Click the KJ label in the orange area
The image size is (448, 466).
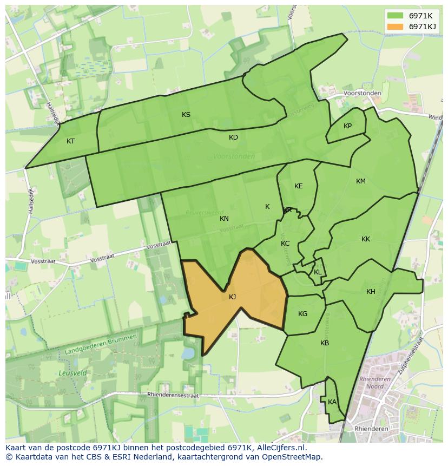232,297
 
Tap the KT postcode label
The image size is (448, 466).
70,141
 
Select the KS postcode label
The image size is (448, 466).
186,114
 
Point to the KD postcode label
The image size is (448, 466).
233,137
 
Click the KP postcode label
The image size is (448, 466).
347,126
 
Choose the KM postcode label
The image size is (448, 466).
361,181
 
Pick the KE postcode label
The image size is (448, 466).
298,186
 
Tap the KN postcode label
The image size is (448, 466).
224,219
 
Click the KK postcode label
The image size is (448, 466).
366,239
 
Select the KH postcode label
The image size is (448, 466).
371,292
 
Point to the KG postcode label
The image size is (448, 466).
302,314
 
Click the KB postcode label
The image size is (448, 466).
325,343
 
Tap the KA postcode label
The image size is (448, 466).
332,402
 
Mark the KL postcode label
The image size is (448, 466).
318,272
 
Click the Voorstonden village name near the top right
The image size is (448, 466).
363,93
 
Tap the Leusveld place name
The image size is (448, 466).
70,373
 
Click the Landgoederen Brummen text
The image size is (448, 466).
100,345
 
